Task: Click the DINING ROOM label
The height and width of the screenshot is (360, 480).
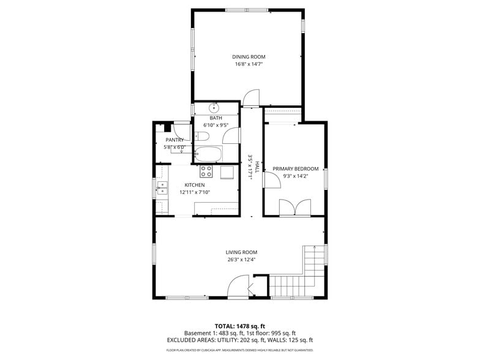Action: (x=249, y=57)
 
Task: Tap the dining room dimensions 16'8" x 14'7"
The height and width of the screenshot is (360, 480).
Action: (x=249, y=64)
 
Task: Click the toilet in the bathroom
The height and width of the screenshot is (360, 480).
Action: (x=205, y=136)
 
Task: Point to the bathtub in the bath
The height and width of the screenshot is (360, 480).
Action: (x=209, y=153)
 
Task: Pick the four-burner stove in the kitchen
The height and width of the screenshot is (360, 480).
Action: (x=207, y=172)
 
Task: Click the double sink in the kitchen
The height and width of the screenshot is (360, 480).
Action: (x=162, y=187)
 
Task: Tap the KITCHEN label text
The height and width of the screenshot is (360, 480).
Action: (x=195, y=185)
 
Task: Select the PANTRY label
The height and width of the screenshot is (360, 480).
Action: (x=174, y=140)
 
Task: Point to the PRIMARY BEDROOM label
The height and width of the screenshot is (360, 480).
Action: (x=295, y=169)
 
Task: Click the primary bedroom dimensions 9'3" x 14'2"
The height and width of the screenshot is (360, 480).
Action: (x=295, y=176)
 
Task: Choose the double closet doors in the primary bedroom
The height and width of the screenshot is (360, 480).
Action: (x=295, y=208)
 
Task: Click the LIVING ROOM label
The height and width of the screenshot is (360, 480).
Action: (x=241, y=252)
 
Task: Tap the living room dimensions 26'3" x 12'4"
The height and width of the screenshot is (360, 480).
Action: (x=241, y=260)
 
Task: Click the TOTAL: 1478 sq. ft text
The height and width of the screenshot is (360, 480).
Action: (x=239, y=326)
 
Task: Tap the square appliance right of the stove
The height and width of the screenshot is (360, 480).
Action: (x=227, y=172)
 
